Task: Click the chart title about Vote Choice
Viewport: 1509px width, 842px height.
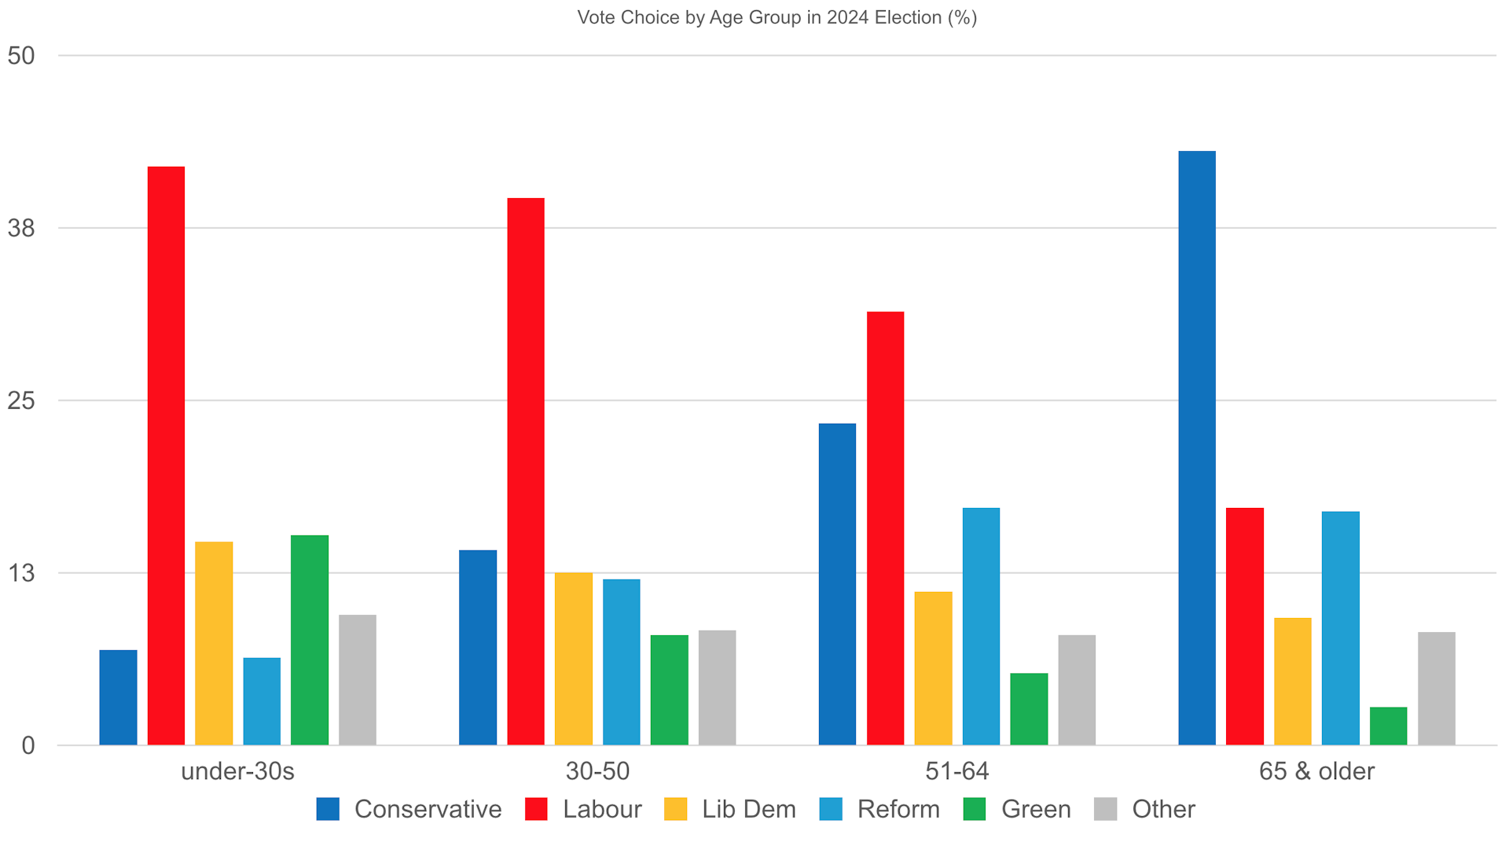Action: [x=777, y=17]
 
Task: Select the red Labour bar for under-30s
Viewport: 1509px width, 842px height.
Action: [x=166, y=456]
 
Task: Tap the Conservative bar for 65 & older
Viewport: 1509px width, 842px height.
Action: [x=1197, y=448]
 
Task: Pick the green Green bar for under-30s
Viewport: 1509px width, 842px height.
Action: [x=310, y=640]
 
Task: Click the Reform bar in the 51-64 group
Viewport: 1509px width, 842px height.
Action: [x=981, y=627]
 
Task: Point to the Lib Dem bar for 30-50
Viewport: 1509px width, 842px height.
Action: [x=574, y=659]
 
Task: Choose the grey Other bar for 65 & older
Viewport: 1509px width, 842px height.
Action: [x=1436, y=689]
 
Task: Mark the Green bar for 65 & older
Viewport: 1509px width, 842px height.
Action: [x=1388, y=726]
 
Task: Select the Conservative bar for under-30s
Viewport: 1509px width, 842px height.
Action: [x=118, y=697]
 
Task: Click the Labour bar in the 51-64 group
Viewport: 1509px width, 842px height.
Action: [x=885, y=528]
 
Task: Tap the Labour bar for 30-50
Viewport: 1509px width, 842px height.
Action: [x=526, y=472]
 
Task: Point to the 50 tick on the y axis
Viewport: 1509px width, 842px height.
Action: [x=21, y=56]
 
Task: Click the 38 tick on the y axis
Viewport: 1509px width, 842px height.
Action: [x=21, y=228]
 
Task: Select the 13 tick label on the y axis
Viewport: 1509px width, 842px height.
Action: [x=21, y=573]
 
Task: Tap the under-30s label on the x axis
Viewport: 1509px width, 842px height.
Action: [x=237, y=771]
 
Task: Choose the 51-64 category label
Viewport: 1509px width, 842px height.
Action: [x=956, y=771]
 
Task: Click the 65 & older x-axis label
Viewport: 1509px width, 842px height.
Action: [x=1316, y=771]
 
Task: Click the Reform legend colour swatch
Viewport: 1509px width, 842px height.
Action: [x=831, y=809]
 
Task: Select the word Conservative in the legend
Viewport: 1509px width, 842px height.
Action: [x=428, y=809]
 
